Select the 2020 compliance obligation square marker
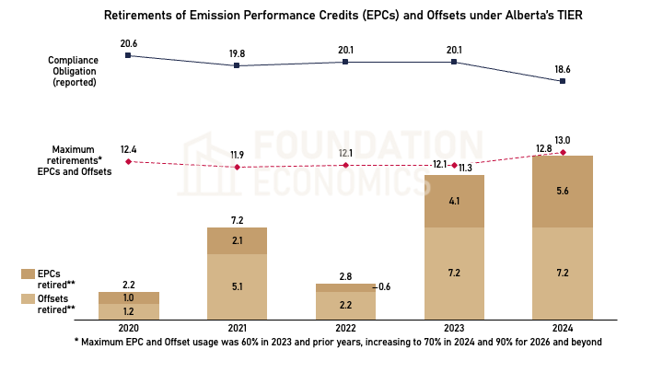pyautogui.click(x=128, y=55)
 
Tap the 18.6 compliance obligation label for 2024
pyautogui.click(x=563, y=68)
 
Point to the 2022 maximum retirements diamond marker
pyautogui.click(x=345, y=165)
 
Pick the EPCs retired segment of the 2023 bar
pyautogui.click(x=455, y=201)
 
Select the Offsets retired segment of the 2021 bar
pyautogui.click(x=237, y=286)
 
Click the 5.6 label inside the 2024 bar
pyautogui.click(x=562, y=192)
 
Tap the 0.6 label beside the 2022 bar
pyautogui.click(x=384, y=287)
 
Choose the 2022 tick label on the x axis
pyautogui.click(x=345, y=328)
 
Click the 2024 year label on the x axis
pyautogui.click(x=562, y=328)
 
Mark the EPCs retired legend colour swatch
pyautogui.click(x=28, y=274)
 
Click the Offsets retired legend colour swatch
pyautogui.click(x=28, y=299)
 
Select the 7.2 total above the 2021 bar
pyautogui.click(x=237, y=221)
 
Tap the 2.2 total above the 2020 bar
pyautogui.click(x=128, y=285)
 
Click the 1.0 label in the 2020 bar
pyautogui.click(x=128, y=297)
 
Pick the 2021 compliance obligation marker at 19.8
pyautogui.click(x=237, y=65)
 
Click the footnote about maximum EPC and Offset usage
pyautogui.click(x=338, y=342)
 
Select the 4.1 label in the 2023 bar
pyautogui.click(x=455, y=201)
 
